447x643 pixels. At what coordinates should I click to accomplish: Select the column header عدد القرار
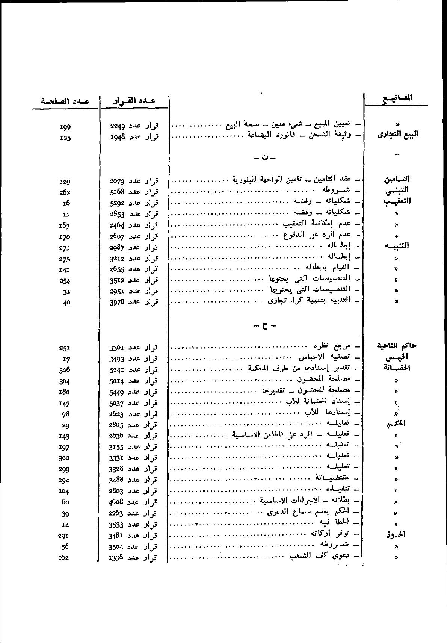134,101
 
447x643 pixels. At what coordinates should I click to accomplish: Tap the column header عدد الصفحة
65,101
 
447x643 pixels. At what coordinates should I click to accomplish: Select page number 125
65,138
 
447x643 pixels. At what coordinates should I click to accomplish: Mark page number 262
65,192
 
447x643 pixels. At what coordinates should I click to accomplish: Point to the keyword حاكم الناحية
397,346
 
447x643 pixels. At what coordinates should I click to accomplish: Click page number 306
65,370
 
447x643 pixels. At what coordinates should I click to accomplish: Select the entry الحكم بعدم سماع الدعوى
313,512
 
